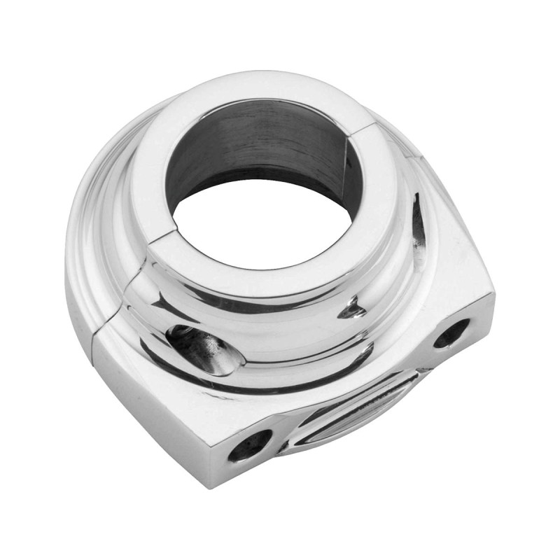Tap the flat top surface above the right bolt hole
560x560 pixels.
[448, 273]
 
